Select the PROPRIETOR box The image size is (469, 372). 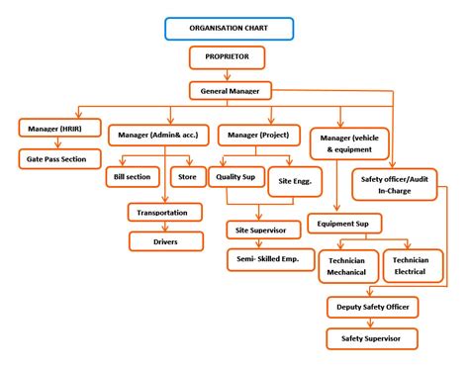231,57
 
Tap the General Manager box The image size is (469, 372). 231,90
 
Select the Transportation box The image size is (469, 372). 164,211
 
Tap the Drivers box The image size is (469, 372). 164,239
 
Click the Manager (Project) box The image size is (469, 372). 260,135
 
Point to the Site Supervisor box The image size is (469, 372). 260,231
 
